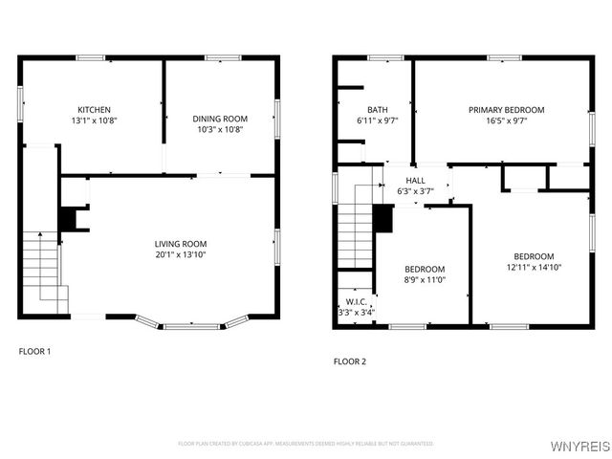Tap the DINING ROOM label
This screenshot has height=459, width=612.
pos(221,118)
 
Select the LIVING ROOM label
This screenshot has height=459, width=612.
pos(181,243)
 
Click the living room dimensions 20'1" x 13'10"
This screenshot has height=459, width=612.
pos(181,254)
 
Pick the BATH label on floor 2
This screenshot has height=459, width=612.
pos(378,110)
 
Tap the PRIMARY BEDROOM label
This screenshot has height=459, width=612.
pos(506,110)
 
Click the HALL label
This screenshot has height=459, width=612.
pos(415,180)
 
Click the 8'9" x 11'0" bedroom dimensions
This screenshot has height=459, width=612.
pos(424,281)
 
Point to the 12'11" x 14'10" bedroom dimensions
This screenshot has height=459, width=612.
pos(533,268)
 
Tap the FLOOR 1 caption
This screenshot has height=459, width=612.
pos(35,351)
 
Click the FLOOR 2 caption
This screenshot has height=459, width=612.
pos(349,361)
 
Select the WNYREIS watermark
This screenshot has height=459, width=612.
pos(578,445)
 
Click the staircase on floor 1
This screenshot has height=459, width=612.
pos(40,263)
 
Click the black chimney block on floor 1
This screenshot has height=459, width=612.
pos(69,220)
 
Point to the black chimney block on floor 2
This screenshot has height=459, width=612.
pos(383,219)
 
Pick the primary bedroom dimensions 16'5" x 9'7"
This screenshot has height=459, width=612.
pos(506,121)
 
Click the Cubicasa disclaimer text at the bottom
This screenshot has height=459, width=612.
pos(306,444)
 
